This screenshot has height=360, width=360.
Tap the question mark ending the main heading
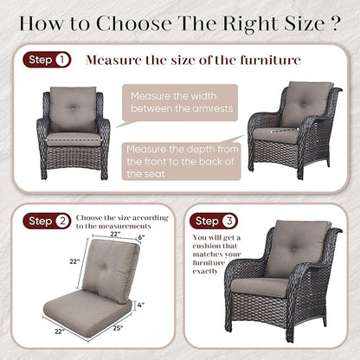pos(334,23)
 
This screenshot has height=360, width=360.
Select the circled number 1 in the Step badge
pos(62,60)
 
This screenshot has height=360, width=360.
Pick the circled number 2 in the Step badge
pos(62,221)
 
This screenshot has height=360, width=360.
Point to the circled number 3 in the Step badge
pos(229,221)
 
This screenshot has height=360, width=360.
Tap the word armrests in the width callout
pos(213,108)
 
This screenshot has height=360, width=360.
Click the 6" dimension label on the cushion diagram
pos(141,237)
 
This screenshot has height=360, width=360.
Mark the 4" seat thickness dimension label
pos(141,305)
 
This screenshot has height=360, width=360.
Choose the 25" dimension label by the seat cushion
pos(118,328)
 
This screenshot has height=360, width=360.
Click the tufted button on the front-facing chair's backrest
pos(73,108)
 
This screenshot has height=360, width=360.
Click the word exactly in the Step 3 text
pos(205,272)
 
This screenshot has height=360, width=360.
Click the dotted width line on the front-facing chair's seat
pos(74,140)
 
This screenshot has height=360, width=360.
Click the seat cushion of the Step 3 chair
pos(260,286)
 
